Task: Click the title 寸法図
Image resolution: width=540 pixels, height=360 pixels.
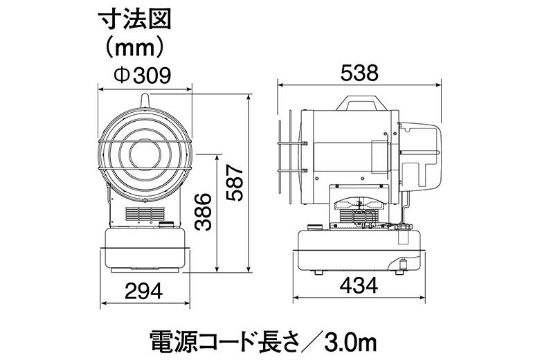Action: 135,20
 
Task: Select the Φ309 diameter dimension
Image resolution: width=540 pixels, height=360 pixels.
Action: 143,75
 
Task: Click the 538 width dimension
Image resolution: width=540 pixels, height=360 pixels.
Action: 359,73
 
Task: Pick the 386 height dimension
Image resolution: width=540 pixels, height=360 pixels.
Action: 202,212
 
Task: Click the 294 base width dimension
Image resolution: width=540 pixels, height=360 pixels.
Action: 143,291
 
